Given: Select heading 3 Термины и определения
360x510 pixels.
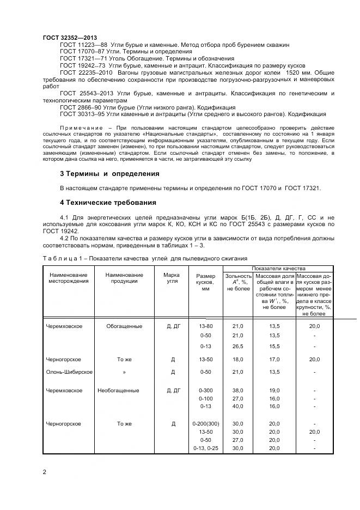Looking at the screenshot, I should click(x=109, y=174).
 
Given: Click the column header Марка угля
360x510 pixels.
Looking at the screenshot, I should click(x=172, y=278).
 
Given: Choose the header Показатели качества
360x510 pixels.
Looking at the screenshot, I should click(x=278, y=268).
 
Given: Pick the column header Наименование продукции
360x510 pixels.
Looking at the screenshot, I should click(x=124, y=278).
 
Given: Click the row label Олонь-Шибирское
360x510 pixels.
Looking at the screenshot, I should click(x=69, y=372).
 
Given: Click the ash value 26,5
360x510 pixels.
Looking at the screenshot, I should click(x=238, y=346).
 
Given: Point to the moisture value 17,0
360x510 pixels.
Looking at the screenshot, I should click(x=274, y=360).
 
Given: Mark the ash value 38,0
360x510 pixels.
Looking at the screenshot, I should click(x=238, y=391).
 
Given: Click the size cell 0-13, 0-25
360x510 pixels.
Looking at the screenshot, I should click(x=205, y=448).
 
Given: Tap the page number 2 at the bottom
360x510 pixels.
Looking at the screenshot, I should click(x=44, y=472).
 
